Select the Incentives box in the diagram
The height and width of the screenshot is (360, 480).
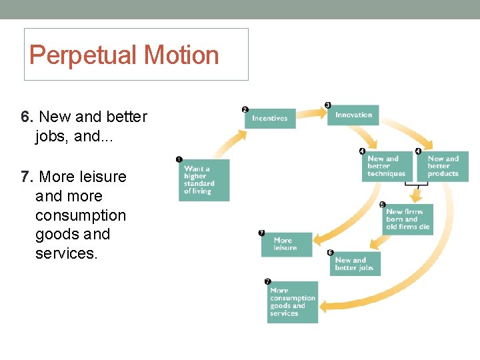click(x=270, y=118)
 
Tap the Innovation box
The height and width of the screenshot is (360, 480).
click(x=353, y=115)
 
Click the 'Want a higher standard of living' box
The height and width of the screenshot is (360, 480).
click(x=204, y=180)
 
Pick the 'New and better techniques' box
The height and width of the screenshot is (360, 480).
click(x=387, y=166)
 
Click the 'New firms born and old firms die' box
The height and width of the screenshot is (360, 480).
click(x=408, y=219)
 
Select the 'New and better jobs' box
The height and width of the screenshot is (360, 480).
click(x=355, y=264)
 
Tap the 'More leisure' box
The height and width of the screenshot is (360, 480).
click(x=285, y=244)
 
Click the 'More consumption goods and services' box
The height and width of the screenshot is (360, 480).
click(x=293, y=302)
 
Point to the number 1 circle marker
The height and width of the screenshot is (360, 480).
click(x=179, y=159)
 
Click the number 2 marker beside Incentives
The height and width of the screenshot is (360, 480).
click(x=245, y=109)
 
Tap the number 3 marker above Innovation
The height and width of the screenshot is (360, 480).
click(x=327, y=105)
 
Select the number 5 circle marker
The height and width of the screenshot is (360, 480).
click(x=383, y=204)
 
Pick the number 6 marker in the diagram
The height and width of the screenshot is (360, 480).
click(x=330, y=253)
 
